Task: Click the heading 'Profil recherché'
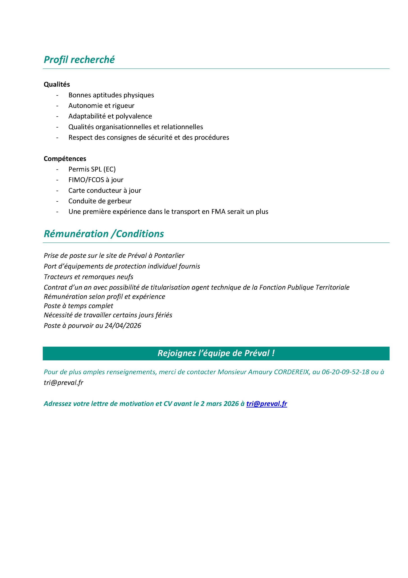tap(79, 60)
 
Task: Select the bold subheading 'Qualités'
tap(57, 84)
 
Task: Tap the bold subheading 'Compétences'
tap(65, 158)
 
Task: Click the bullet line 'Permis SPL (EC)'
tap(92, 169)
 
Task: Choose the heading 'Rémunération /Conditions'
tap(104, 234)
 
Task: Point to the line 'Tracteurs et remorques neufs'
tap(89, 277)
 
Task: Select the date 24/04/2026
tap(123, 326)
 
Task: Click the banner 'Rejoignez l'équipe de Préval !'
tap(216, 353)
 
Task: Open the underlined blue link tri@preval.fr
tap(267, 404)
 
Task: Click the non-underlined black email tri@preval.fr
tap(63, 383)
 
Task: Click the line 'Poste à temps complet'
tap(78, 306)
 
